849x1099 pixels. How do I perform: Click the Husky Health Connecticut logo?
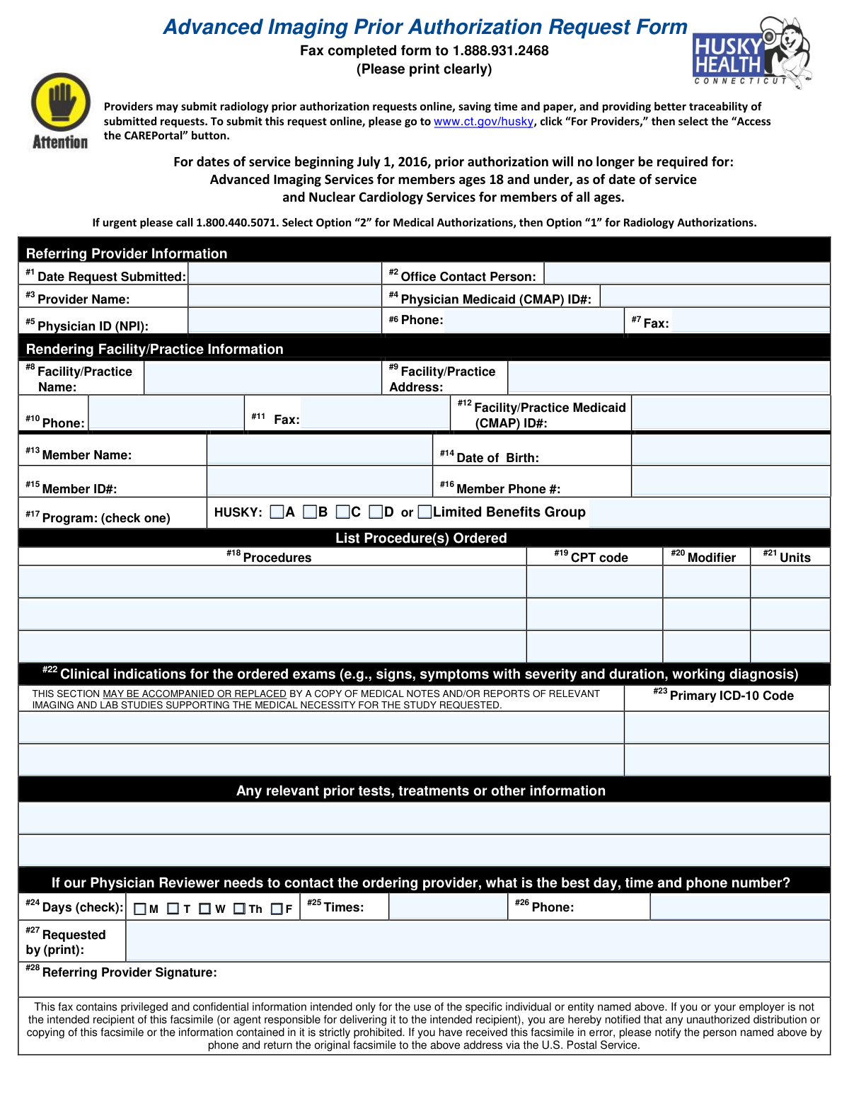pos(751,53)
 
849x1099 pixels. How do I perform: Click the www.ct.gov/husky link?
pos(483,122)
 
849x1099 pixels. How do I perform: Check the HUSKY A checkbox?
pos(277,512)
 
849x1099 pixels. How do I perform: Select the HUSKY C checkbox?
pos(343,512)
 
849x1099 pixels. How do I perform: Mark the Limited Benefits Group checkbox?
pos(424,512)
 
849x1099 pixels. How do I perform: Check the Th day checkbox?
pos(240,909)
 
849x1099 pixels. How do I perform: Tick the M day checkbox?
pos(139,909)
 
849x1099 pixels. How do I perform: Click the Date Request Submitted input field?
pos(284,275)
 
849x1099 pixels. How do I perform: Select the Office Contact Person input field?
pos(686,275)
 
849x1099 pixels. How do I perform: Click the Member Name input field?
pos(319,451)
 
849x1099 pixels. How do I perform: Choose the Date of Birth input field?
pos(730,451)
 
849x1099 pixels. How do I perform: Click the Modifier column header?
pos(704,557)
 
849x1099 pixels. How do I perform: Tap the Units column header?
pos(787,557)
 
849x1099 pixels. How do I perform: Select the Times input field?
pos(447,907)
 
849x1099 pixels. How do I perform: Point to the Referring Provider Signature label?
pos(122,972)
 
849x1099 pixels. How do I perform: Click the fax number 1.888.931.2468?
pos(500,50)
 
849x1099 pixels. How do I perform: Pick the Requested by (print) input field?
pos(477,941)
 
